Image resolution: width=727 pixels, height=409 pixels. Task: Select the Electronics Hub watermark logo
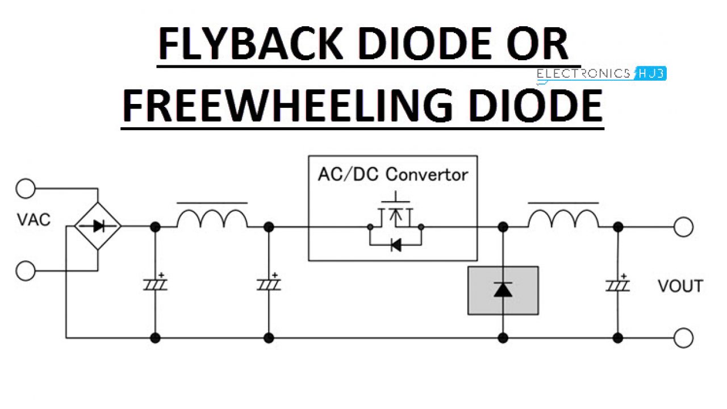pyautogui.click(x=601, y=73)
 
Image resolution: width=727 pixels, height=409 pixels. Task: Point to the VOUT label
pyautogui.click(x=680, y=286)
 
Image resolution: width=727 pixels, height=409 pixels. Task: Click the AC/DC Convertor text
pyautogui.click(x=392, y=174)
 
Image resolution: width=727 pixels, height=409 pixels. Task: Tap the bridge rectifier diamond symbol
pyautogui.click(x=98, y=226)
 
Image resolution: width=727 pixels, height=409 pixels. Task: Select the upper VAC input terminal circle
pyautogui.click(x=26, y=188)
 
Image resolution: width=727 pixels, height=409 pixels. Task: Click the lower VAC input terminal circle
pyautogui.click(x=26, y=271)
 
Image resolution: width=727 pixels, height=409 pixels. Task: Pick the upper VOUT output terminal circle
pyautogui.click(x=683, y=227)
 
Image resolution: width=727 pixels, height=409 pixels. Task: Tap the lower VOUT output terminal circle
pyautogui.click(x=683, y=338)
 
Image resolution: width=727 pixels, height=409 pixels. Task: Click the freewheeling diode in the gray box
pyautogui.click(x=503, y=290)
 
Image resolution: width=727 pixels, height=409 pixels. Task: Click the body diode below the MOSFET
pyautogui.click(x=395, y=245)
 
